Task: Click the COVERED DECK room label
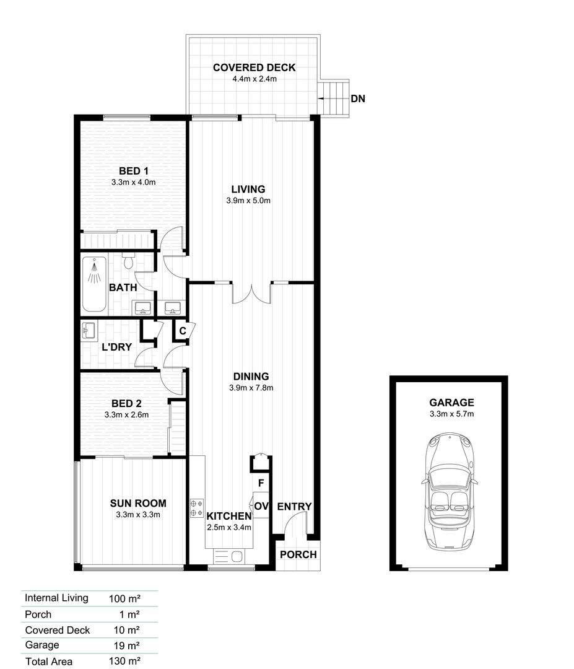[x=254, y=68]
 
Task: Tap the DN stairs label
[x=357, y=98]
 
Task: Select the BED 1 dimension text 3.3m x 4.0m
[x=133, y=182]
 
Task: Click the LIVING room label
[x=248, y=189]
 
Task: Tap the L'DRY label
[x=116, y=347]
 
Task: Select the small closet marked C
[x=183, y=331]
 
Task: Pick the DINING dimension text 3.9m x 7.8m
[x=251, y=388]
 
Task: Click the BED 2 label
[x=126, y=403]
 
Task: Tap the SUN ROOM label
[x=138, y=503]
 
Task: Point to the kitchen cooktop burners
[x=197, y=508]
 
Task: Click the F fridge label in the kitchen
[x=261, y=483]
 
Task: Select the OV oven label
[x=261, y=507]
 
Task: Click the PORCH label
[x=298, y=554]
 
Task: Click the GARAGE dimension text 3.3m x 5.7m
[x=451, y=414]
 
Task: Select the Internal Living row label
[x=56, y=598]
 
